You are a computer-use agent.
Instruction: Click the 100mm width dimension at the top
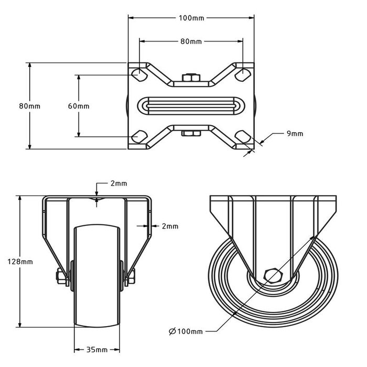(x=191, y=18)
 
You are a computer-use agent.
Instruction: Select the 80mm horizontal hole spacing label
(x=191, y=41)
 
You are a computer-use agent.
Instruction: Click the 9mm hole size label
(x=295, y=134)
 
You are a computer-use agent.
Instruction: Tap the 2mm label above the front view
(x=118, y=183)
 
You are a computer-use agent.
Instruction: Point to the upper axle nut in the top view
(x=191, y=79)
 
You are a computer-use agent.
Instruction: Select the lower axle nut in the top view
(x=191, y=133)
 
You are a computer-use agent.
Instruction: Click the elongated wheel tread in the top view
(x=191, y=105)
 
